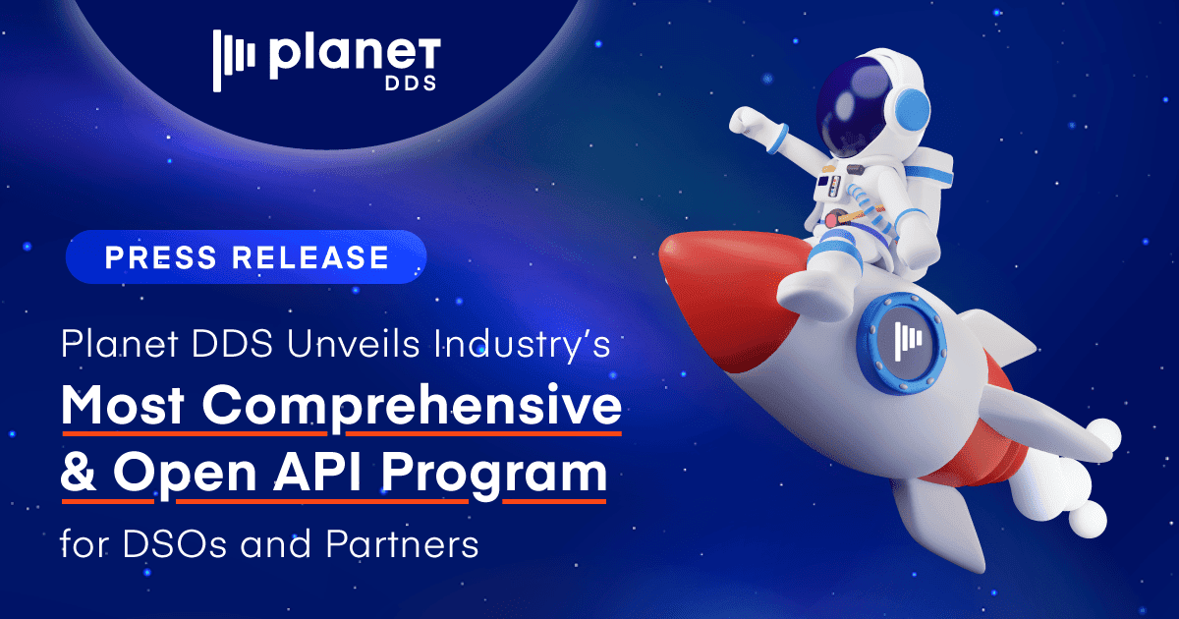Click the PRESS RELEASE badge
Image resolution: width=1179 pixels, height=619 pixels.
click(246, 257)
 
